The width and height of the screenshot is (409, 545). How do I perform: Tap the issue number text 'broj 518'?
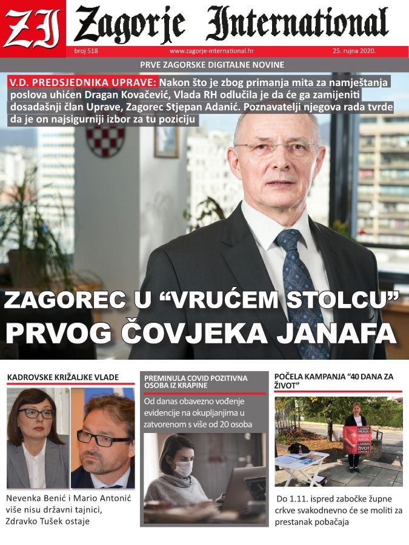(85, 51)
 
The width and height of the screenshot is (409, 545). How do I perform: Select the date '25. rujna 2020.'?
(354, 51)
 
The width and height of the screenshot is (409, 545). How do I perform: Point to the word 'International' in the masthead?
(297, 24)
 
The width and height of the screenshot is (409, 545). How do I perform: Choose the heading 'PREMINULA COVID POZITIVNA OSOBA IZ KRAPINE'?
(196, 381)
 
